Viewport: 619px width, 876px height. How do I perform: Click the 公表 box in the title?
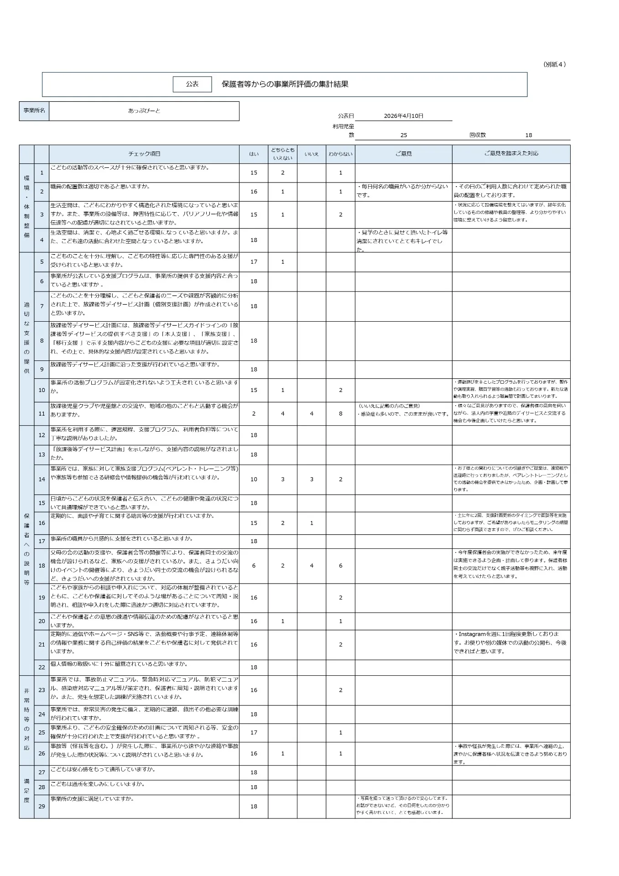pyautogui.click(x=192, y=84)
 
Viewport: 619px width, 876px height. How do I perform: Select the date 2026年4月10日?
pyautogui.click(x=403, y=116)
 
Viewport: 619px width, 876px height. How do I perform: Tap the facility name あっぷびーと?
pyautogui.click(x=144, y=111)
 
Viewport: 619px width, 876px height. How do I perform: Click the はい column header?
pyautogui.click(x=254, y=154)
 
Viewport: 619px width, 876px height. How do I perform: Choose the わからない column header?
pyautogui.click(x=340, y=154)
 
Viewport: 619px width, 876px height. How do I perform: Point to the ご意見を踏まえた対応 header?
pyautogui.click(x=511, y=154)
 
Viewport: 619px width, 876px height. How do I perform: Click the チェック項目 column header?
pyautogui.click(x=144, y=154)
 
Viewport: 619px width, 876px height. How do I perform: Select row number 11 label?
pyautogui.click(x=42, y=414)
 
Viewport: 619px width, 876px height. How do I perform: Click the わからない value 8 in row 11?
pyautogui.click(x=340, y=414)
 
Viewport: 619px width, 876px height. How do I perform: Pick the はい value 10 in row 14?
pyautogui.click(x=254, y=480)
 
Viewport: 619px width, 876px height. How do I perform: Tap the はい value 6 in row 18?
pyautogui.click(x=254, y=566)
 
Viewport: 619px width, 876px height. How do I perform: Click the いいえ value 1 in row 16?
pyautogui.click(x=312, y=523)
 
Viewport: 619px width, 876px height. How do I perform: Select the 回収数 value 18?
pyautogui.click(x=529, y=135)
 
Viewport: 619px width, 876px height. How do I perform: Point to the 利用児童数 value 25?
pyautogui.click(x=403, y=135)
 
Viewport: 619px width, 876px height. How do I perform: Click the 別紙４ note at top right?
pyautogui.click(x=555, y=64)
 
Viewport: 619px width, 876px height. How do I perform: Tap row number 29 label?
pyautogui.click(x=42, y=806)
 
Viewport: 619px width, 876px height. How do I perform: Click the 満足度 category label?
pyautogui.click(x=26, y=791)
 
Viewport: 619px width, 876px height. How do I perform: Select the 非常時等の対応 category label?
pyautogui.click(x=26, y=720)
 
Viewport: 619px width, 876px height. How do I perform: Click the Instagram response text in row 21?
pyautogui.click(x=510, y=643)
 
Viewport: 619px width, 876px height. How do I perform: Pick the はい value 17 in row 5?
pyautogui.click(x=254, y=262)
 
